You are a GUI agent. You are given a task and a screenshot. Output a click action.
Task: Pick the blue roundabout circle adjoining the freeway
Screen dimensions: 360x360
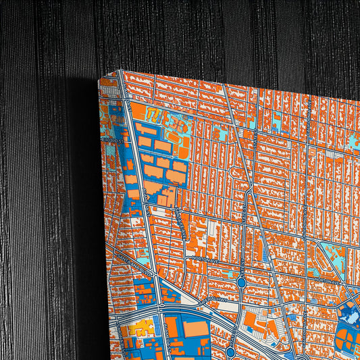pos(230,351)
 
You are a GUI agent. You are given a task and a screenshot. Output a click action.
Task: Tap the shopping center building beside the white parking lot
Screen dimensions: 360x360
pos(251,318)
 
